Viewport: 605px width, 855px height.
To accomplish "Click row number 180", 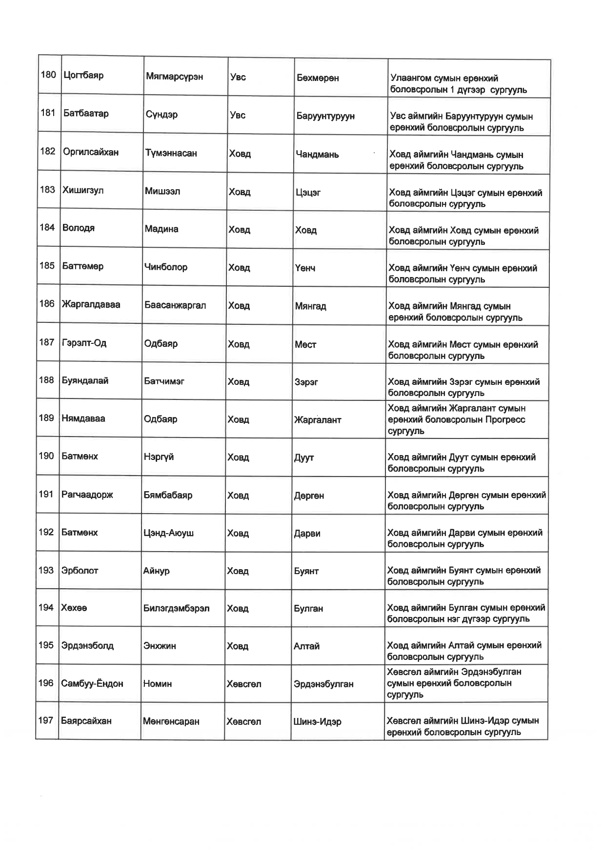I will point(48,75).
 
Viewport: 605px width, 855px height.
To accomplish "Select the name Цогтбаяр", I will point(83,75).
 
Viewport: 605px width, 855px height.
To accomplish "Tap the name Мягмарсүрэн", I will point(174,77).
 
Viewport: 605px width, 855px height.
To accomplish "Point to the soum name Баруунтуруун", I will point(325,116).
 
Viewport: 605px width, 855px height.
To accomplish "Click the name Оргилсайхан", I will point(91,152).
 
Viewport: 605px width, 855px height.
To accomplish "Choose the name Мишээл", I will point(162,191).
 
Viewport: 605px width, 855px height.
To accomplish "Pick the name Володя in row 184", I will point(79,228).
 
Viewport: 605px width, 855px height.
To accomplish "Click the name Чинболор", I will point(166,267).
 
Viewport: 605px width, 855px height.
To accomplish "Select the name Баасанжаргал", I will point(175,305).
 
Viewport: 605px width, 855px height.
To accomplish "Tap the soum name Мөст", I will point(305,345).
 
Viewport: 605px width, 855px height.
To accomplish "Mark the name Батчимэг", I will point(164,381).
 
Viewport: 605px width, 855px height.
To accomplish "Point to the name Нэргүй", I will point(159,457).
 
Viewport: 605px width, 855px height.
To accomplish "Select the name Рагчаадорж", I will point(87,495).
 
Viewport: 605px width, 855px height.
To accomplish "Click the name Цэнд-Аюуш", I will point(168,533).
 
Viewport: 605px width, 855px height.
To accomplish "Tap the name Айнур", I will point(156,571).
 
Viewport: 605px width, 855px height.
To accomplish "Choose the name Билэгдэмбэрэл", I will point(176,608).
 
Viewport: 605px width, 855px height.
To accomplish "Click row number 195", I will point(46,645).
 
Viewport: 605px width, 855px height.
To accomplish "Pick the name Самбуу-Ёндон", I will point(92,683).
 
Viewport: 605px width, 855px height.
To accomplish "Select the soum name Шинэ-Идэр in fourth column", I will point(317,722).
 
